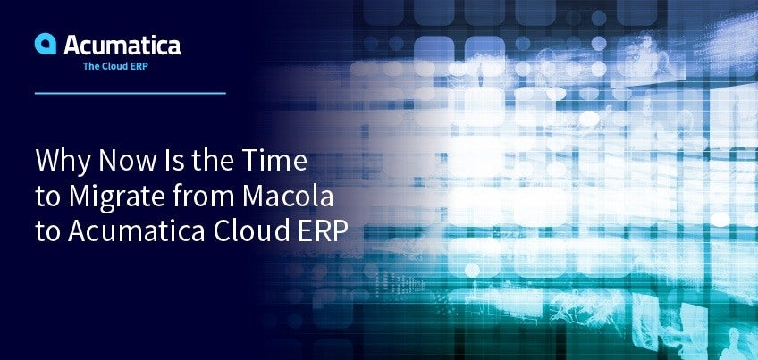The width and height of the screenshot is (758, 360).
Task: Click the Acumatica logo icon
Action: coord(46,44)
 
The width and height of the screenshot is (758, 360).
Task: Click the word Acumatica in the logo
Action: coord(122,45)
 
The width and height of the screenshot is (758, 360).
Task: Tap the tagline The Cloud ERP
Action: coord(115,67)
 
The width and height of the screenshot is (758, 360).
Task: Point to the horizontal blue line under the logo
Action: coord(130,93)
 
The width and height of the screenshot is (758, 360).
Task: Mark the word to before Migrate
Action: coord(47,197)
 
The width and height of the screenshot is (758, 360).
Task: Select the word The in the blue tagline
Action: coord(90,67)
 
